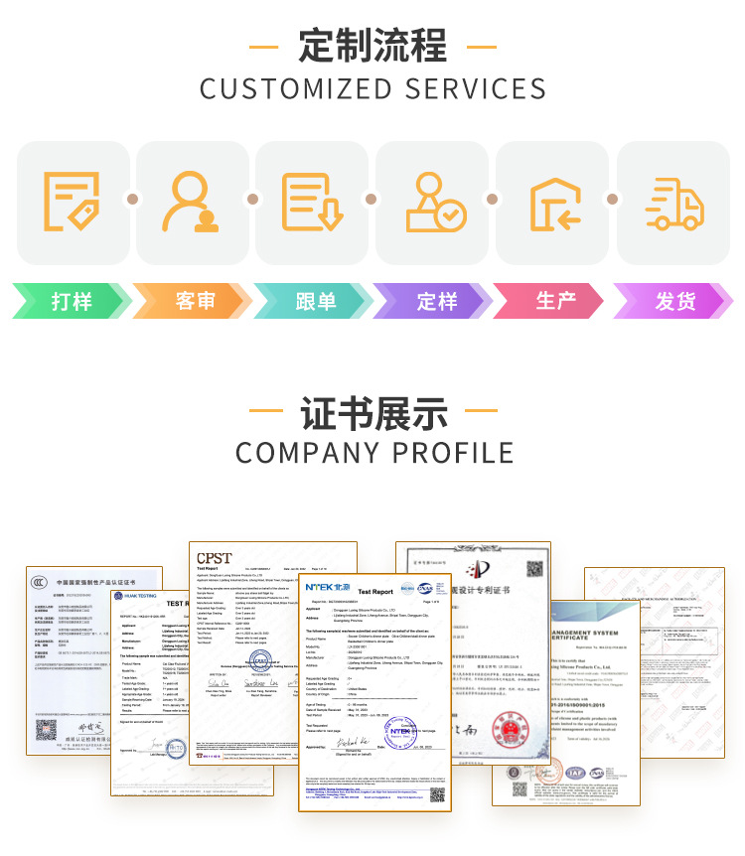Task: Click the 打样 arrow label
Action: pos(72,301)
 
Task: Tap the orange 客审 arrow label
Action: pos(195,301)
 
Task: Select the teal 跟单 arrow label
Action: pos(315,301)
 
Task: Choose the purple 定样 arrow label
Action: pos(436,301)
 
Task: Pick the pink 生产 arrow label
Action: pos(555,301)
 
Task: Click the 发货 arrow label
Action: pos(675,301)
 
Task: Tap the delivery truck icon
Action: pos(673,204)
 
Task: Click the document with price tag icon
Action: pos(72,202)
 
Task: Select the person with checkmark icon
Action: pos(435,203)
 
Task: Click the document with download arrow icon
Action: pos(312,203)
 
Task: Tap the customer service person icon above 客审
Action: pos(193,203)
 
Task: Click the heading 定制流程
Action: pos(372,46)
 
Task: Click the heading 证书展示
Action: pos(373,413)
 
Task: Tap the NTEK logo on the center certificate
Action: pos(328,589)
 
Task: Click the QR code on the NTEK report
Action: pos(437,794)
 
